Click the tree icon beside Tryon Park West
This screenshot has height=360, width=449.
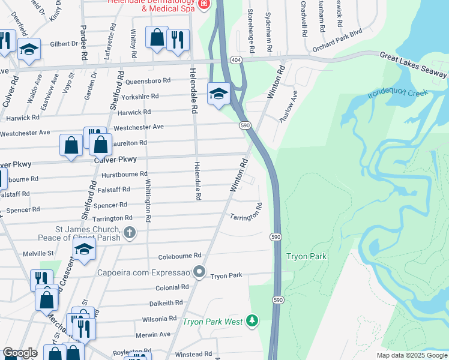pos(253,322)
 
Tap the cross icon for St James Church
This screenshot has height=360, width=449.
pos(129,232)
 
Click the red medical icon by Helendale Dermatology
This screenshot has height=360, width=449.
pos(203,4)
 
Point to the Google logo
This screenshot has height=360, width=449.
pos(20,353)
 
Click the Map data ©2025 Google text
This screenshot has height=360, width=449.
pos(412,355)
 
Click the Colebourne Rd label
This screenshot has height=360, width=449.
pos(180,256)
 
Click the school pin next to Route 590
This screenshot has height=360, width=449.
pos(219,94)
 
